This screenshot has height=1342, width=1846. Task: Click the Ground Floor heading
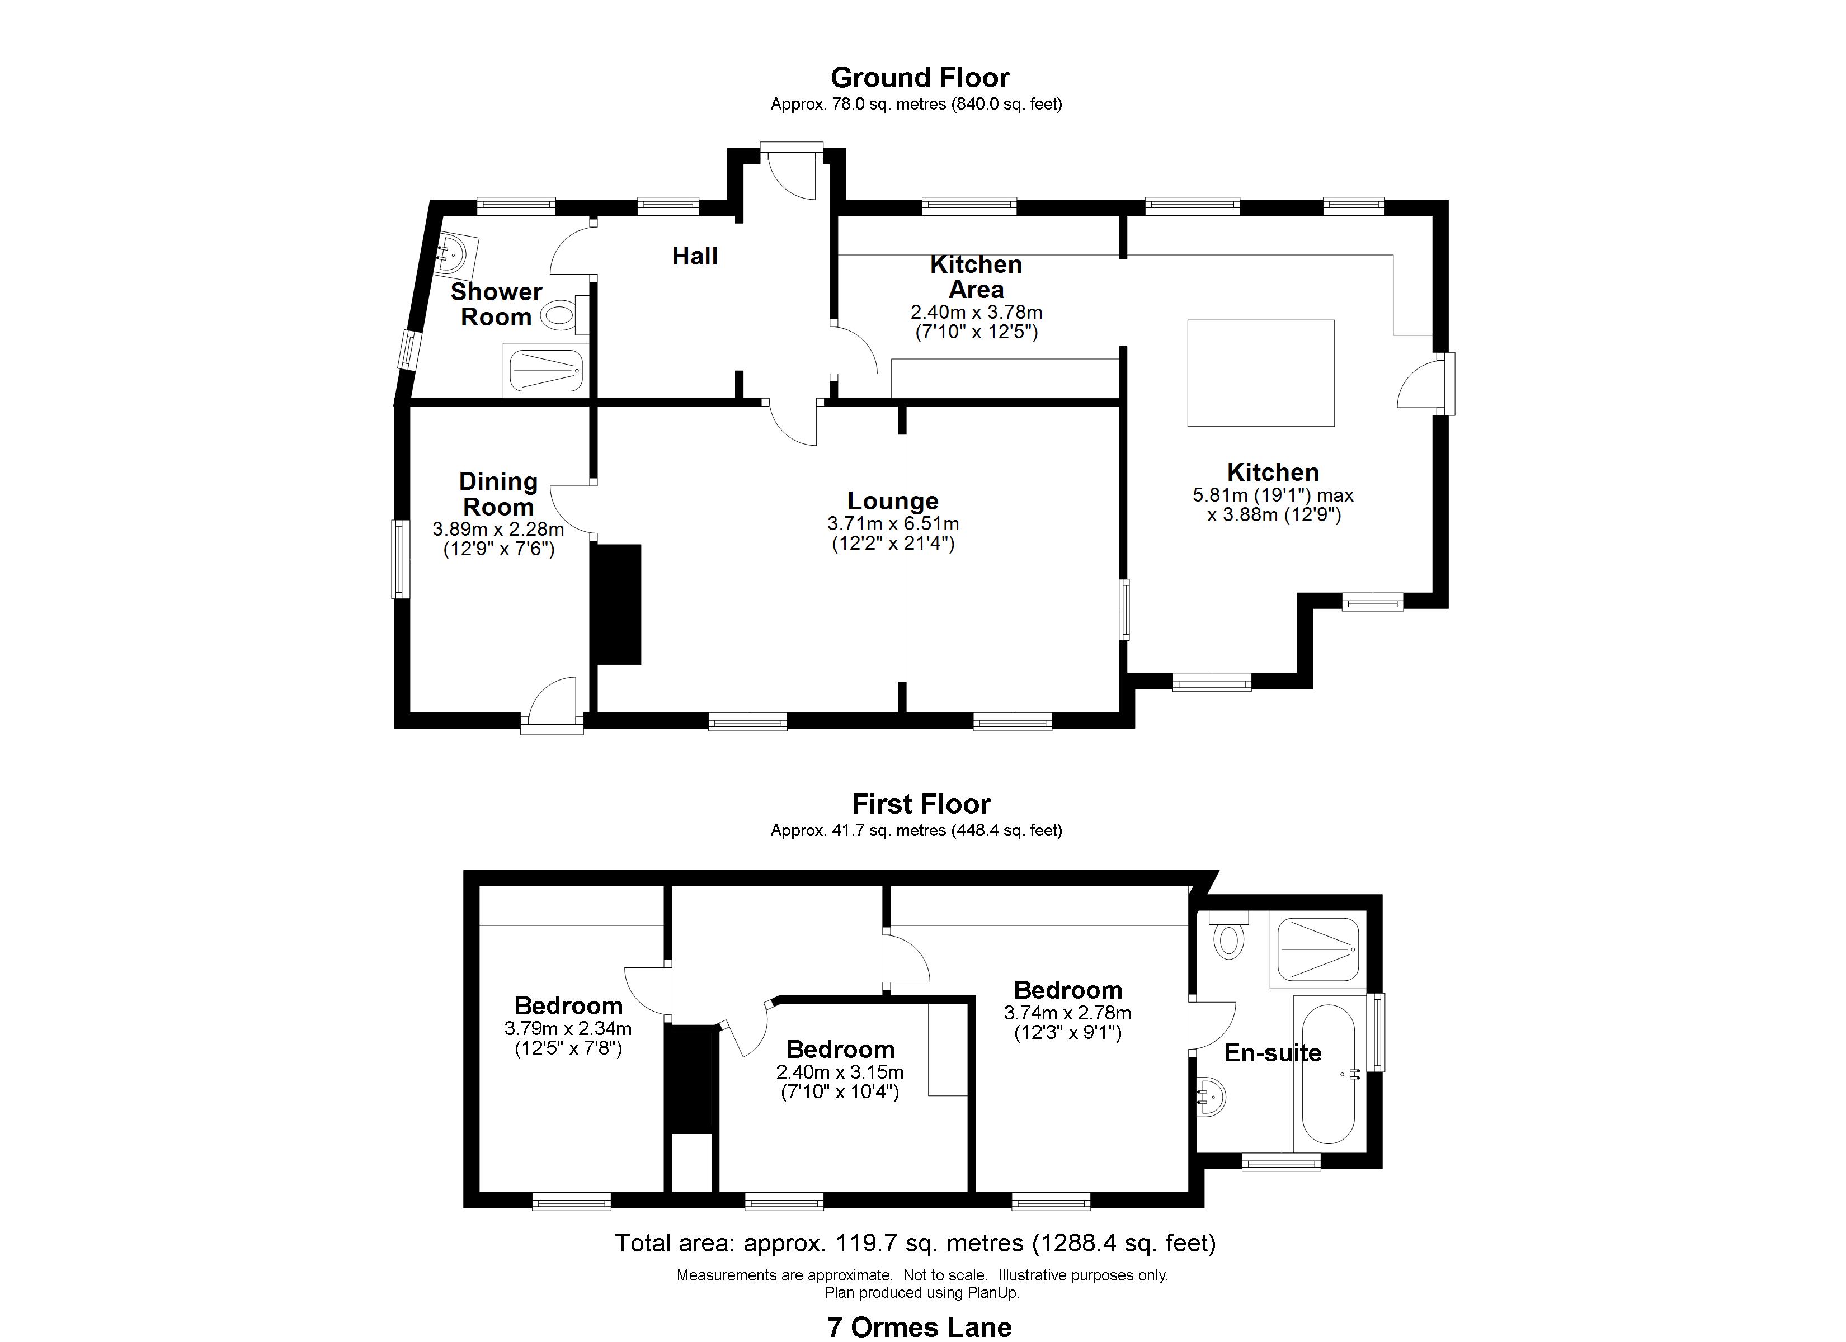pos(920,78)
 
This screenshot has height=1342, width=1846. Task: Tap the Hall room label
pos(694,256)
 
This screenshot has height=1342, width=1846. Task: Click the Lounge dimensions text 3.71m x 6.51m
pos(893,523)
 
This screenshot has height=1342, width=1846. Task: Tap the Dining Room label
pos(498,494)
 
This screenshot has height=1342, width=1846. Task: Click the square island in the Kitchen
pos(1260,373)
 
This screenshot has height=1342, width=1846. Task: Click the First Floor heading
pos(921,805)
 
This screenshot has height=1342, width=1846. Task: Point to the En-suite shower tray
pos(1318,949)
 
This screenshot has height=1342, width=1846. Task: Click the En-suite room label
pos(1272,1053)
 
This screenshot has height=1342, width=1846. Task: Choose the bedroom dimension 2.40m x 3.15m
pos(840,1072)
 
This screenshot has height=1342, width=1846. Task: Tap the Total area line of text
pos(915,1242)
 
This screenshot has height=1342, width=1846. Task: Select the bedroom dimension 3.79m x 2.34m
pos(568,1029)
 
